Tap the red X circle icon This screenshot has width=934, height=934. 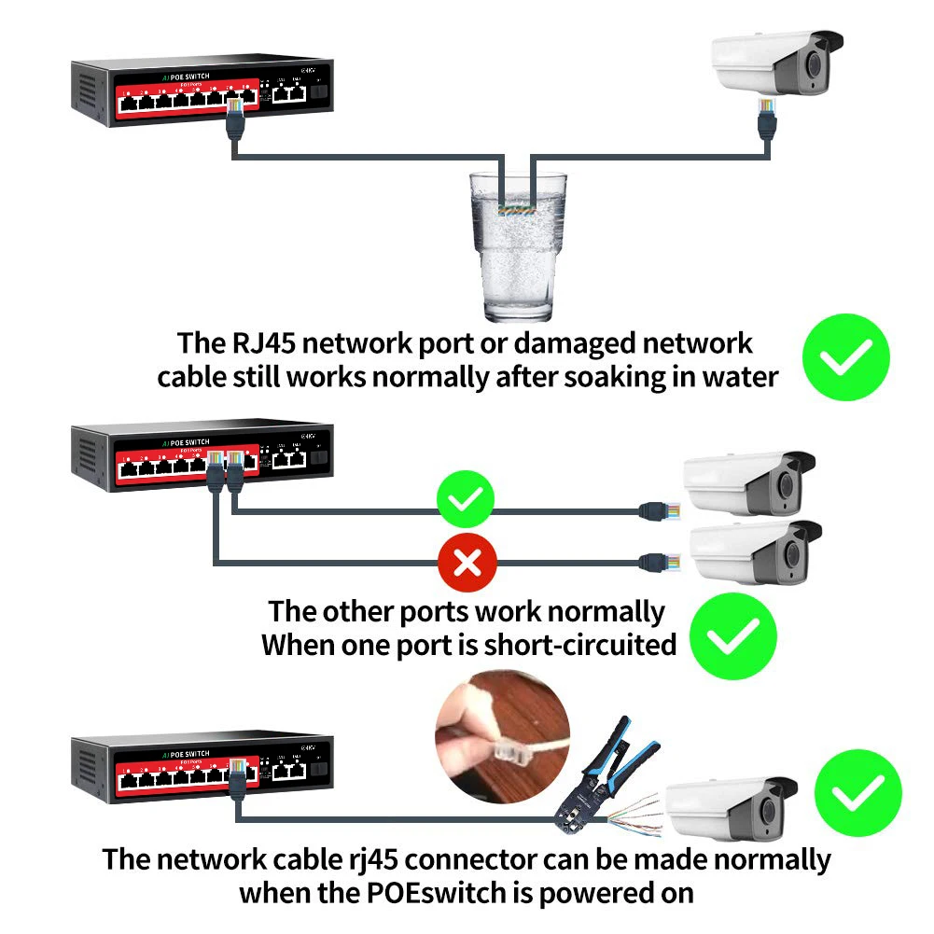pyautogui.click(x=467, y=562)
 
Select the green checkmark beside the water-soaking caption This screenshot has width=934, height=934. pyautogui.click(x=846, y=357)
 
